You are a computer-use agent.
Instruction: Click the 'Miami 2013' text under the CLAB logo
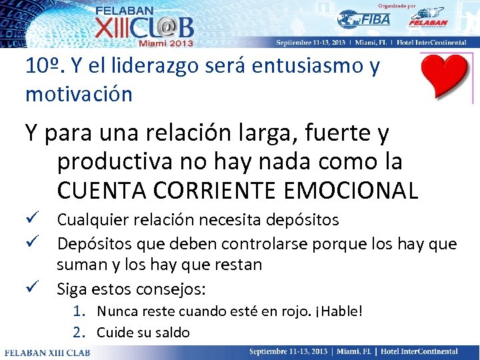(x=165, y=43)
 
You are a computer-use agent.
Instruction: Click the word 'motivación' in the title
(x=79, y=94)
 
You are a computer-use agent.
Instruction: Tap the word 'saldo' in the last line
(x=173, y=332)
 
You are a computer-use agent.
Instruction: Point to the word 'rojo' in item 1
(x=283, y=311)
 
